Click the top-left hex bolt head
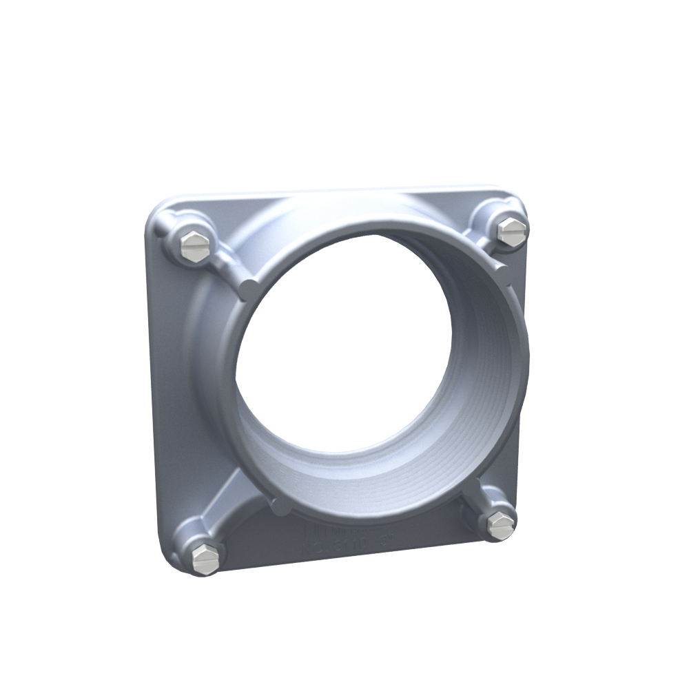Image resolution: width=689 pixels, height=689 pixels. coord(195,247)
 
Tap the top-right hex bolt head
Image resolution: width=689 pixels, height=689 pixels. coord(511,230)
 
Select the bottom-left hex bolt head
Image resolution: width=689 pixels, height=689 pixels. coord(206,557)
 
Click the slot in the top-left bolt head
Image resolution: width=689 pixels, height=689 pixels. coord(195,245)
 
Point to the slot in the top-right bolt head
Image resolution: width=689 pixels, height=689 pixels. coord(511,229)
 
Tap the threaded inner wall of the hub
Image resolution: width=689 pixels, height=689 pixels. coord(475,386)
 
